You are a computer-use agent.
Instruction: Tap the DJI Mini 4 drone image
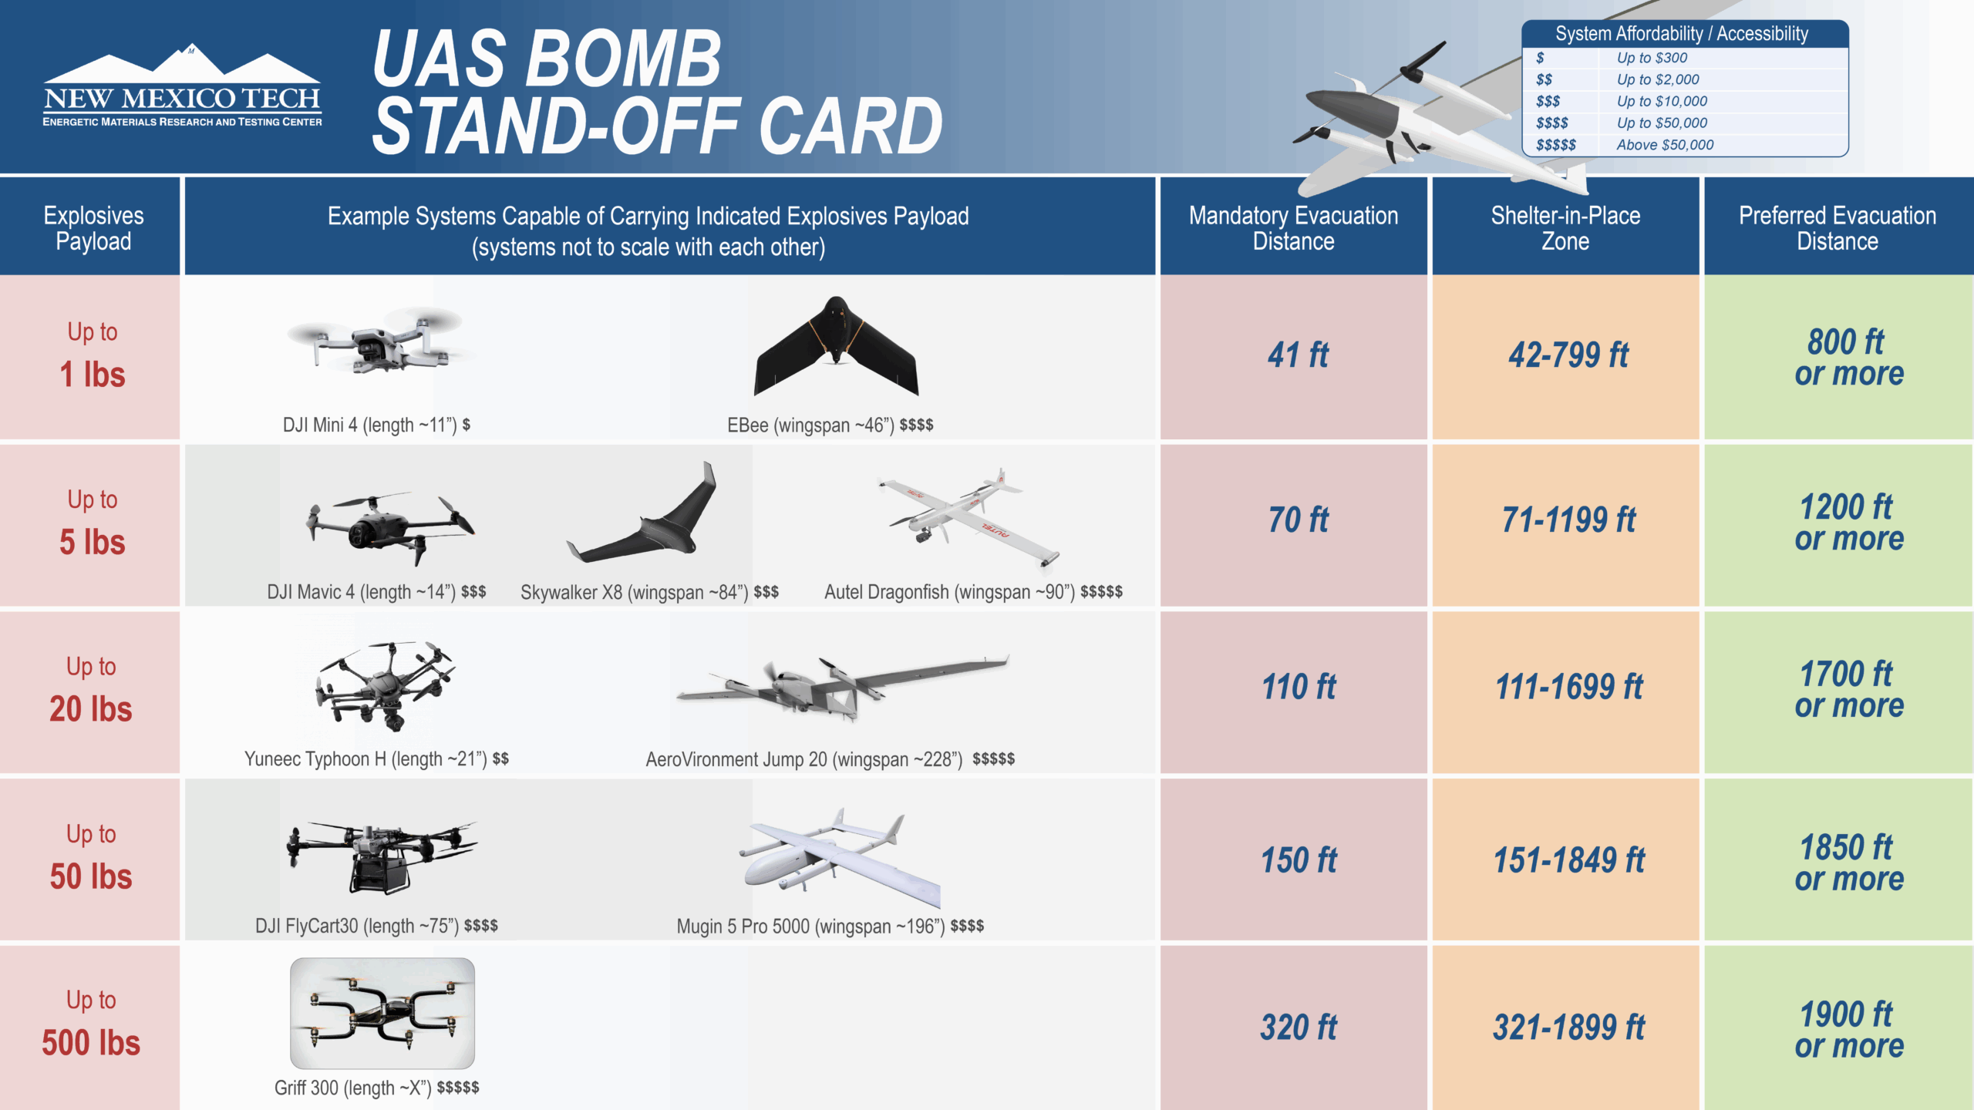[x=380, y=339]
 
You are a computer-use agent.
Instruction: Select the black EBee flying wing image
[x=837, y=346]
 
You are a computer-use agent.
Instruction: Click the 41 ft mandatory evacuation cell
[x=1294, y=357]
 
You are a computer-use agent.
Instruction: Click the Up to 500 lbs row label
[x=90, y=1024]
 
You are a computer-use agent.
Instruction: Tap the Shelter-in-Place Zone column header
[x=1566, y=227]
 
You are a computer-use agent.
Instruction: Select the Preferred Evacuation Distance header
[x=1839, y=227]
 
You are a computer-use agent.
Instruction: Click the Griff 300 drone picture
[x=382, y=1013]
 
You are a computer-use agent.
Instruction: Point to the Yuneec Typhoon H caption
[x=376, y=759]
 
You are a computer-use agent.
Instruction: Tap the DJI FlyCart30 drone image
[x=382, y=859]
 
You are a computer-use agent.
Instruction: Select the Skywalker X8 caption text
[x=649, y=592]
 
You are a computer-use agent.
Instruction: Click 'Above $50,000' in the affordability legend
[x=1665, y=145]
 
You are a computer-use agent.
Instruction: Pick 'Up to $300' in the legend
[x=1652, y=58]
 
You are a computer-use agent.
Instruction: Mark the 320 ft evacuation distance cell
[x=1294, y=1028]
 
